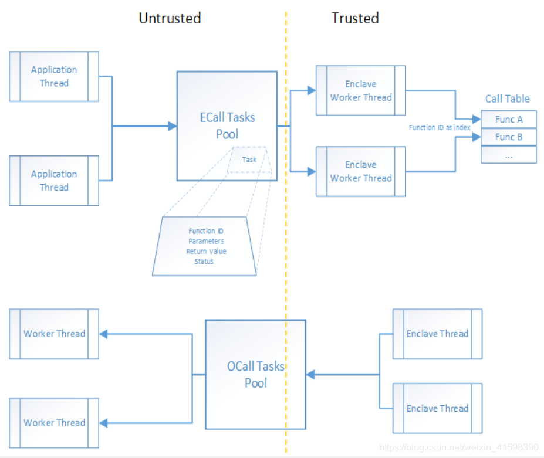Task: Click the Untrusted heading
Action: [x=170, y=18]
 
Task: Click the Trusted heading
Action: [x=355, y=18]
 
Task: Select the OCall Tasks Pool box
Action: [x=255, y=374]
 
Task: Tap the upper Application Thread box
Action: [x=54, y=77]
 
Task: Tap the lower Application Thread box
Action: [x=54, y=181]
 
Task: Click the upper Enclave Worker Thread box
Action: [x=360, y=90]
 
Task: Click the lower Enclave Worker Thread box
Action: [x=360, y=171]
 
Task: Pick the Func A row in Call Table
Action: [x=508, y=119]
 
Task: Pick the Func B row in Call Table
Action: [x=508, y=137]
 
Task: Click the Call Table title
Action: [x=507, y=99]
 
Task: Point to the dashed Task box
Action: [x=249, y=159]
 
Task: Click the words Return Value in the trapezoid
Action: [x=206, y=251]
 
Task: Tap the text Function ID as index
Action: [x=440, y=127]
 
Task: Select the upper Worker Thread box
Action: [x=54, y=334]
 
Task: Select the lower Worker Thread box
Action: [x=54, y=422]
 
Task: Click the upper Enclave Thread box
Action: [x=437, y=334]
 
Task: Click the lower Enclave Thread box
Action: [x=437, y=408]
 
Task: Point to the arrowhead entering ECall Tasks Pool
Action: [x=173, y=126]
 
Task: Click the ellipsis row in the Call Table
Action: [x=508, y=155]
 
